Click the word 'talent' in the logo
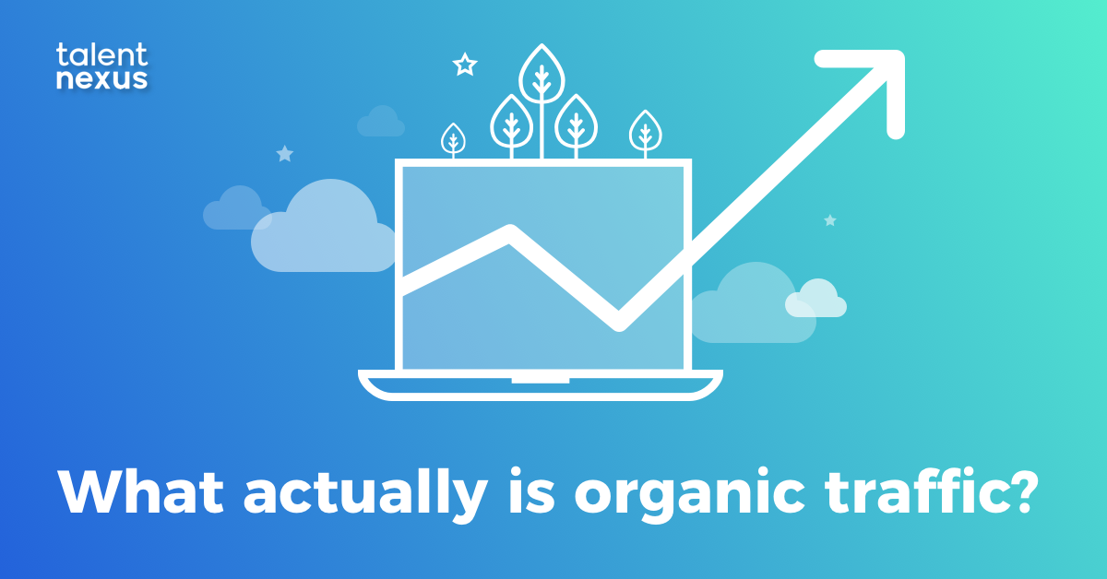point(101,54)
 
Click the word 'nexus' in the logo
point(101,79)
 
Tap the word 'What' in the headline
point(137,495)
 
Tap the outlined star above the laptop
point(465,65)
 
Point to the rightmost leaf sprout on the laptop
point(644,131)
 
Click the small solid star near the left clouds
point(284,154)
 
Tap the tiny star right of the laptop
point(829,220)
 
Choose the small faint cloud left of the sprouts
point(380,122)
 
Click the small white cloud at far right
point(815,299)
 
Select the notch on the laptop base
point(541,377)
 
